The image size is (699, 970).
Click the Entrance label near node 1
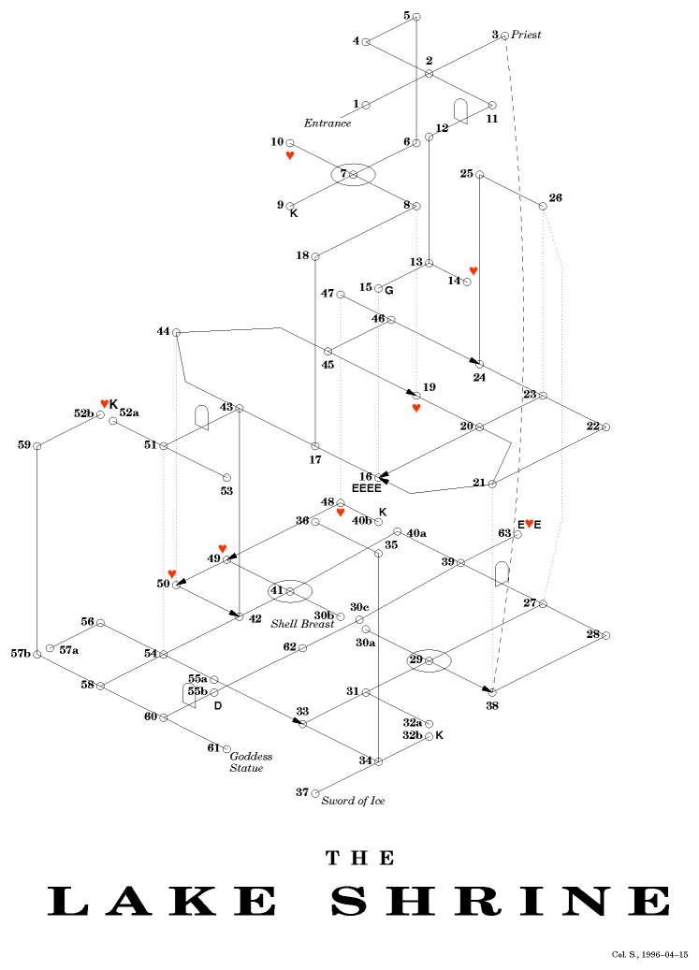tap(328, 123)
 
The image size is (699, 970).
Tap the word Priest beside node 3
tap(526, 35)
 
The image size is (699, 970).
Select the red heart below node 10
tap(290, 155)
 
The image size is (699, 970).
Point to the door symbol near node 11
tap(460, 111)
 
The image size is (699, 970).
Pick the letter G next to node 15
tap(388, 289)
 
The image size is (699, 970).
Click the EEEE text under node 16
tap(366, 487)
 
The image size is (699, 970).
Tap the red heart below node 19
tap(416, 408)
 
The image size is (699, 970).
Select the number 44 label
tap(163, 331)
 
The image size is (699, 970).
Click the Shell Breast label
tap(302, 623)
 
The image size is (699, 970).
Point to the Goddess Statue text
tap(251, 761)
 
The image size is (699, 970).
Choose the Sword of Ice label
tap(353, 801)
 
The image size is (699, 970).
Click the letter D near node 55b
tap(217, 704)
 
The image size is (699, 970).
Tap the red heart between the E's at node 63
tap(529, 524)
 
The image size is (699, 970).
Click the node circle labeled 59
tap(37, 446)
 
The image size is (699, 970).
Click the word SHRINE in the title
tap(501, 900)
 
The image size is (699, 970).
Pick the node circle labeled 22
tap(605, 427)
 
